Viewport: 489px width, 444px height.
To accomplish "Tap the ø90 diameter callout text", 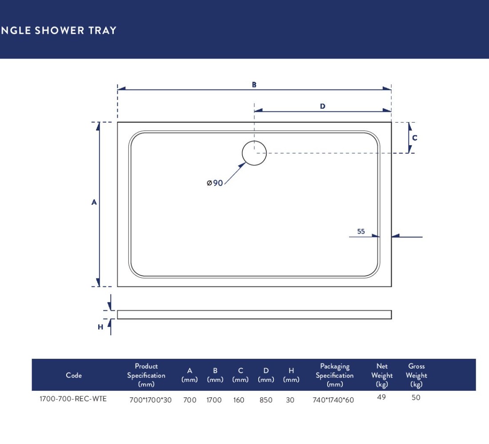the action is (x=215, y=183).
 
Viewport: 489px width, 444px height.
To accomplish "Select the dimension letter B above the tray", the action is (x=254, y=85).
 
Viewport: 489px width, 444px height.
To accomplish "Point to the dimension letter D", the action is (x=322, y=106).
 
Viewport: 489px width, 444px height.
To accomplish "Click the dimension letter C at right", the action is (x=414, y=138).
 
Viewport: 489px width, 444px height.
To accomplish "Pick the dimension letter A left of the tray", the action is (x=94, y=202).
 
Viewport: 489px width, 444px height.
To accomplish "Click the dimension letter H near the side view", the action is (x=100, y=327).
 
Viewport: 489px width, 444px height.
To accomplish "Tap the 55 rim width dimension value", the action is (x=361, y=231).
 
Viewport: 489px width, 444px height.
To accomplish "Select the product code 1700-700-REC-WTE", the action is (x=73, y=399).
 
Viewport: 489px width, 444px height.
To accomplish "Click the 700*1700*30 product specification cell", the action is (x=150, y=400).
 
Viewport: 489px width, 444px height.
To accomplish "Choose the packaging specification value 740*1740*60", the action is (x=333, y=400).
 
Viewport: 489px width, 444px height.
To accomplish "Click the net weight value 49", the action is (x=381, y=397).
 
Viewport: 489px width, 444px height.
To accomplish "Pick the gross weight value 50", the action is (x=416, y=397).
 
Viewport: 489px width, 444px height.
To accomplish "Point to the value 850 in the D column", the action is (x=266, y=400).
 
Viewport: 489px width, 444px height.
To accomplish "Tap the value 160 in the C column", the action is (x=239, y=400).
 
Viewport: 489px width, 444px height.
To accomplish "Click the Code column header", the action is (x=74, y=375).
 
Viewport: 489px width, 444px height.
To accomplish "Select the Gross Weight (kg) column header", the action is (x=417, y=375).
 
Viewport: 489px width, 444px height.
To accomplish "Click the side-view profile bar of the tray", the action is (x=254, y=315).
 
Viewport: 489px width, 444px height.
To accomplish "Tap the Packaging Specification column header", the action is (x=335, y=375).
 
